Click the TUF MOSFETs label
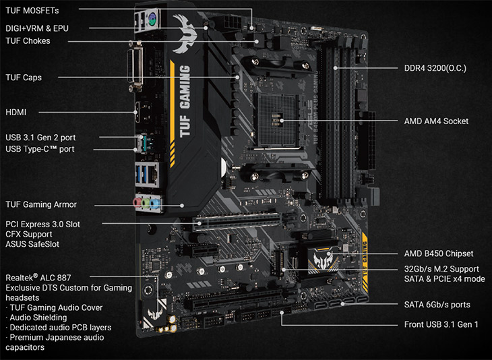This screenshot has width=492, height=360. coord(32,11)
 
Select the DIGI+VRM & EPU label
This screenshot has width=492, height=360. coord(37,28)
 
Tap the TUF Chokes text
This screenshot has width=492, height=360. coord(28,41)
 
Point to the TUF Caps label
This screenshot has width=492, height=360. coord(24,78)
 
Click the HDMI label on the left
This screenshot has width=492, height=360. coord(16,112)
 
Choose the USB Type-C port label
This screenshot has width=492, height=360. coord(40,149)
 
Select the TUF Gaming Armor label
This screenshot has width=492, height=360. coord(41,204)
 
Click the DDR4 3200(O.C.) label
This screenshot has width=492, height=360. coord(435,68)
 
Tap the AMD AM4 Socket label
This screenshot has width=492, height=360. coord(436,121)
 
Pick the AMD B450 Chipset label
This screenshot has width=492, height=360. coord(438,253)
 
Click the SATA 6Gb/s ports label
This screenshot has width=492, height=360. coord(437,305)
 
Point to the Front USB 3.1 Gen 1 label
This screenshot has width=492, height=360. coord(441,325)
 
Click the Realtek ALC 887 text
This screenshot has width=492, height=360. coord(38,277)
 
